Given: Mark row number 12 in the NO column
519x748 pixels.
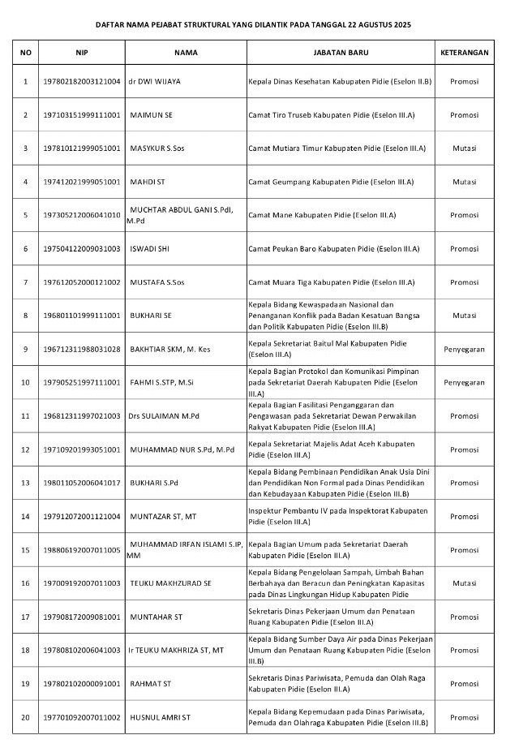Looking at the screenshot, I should pos(25,449).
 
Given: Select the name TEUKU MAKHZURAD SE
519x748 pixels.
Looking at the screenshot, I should pos(170,582).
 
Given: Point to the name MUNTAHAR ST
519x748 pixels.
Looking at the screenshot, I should pos(156,617).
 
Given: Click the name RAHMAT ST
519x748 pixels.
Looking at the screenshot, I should pos(150,684).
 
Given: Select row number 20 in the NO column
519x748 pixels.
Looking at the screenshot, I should pos(25,717).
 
